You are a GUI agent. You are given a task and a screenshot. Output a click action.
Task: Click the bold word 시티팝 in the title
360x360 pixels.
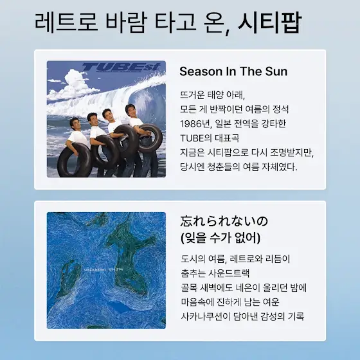(x=269, y=22)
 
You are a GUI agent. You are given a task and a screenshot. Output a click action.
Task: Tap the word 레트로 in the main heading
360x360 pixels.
(x=66, y=22)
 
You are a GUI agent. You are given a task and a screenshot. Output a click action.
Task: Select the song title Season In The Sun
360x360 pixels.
(x=233, y=71)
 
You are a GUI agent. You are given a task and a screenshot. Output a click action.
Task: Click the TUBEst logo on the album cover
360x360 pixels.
(x=121, y=67)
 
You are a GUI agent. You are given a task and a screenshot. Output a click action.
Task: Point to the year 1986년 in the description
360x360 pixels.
(x=195, y=123)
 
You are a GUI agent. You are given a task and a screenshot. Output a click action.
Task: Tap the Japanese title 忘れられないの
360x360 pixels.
(x=224, y=221)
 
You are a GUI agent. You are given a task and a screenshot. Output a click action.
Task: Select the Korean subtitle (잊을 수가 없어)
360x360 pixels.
(x=221, y=238)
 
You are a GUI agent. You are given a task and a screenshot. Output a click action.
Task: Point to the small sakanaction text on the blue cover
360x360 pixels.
(x=95, y=269)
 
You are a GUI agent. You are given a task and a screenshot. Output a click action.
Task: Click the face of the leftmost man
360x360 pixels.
(x=76, y=124)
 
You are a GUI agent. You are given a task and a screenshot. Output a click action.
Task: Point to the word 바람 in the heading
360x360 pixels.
(x=125, y=22)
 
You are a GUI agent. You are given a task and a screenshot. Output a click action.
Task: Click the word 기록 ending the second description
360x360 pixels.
(x=296, y=316)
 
